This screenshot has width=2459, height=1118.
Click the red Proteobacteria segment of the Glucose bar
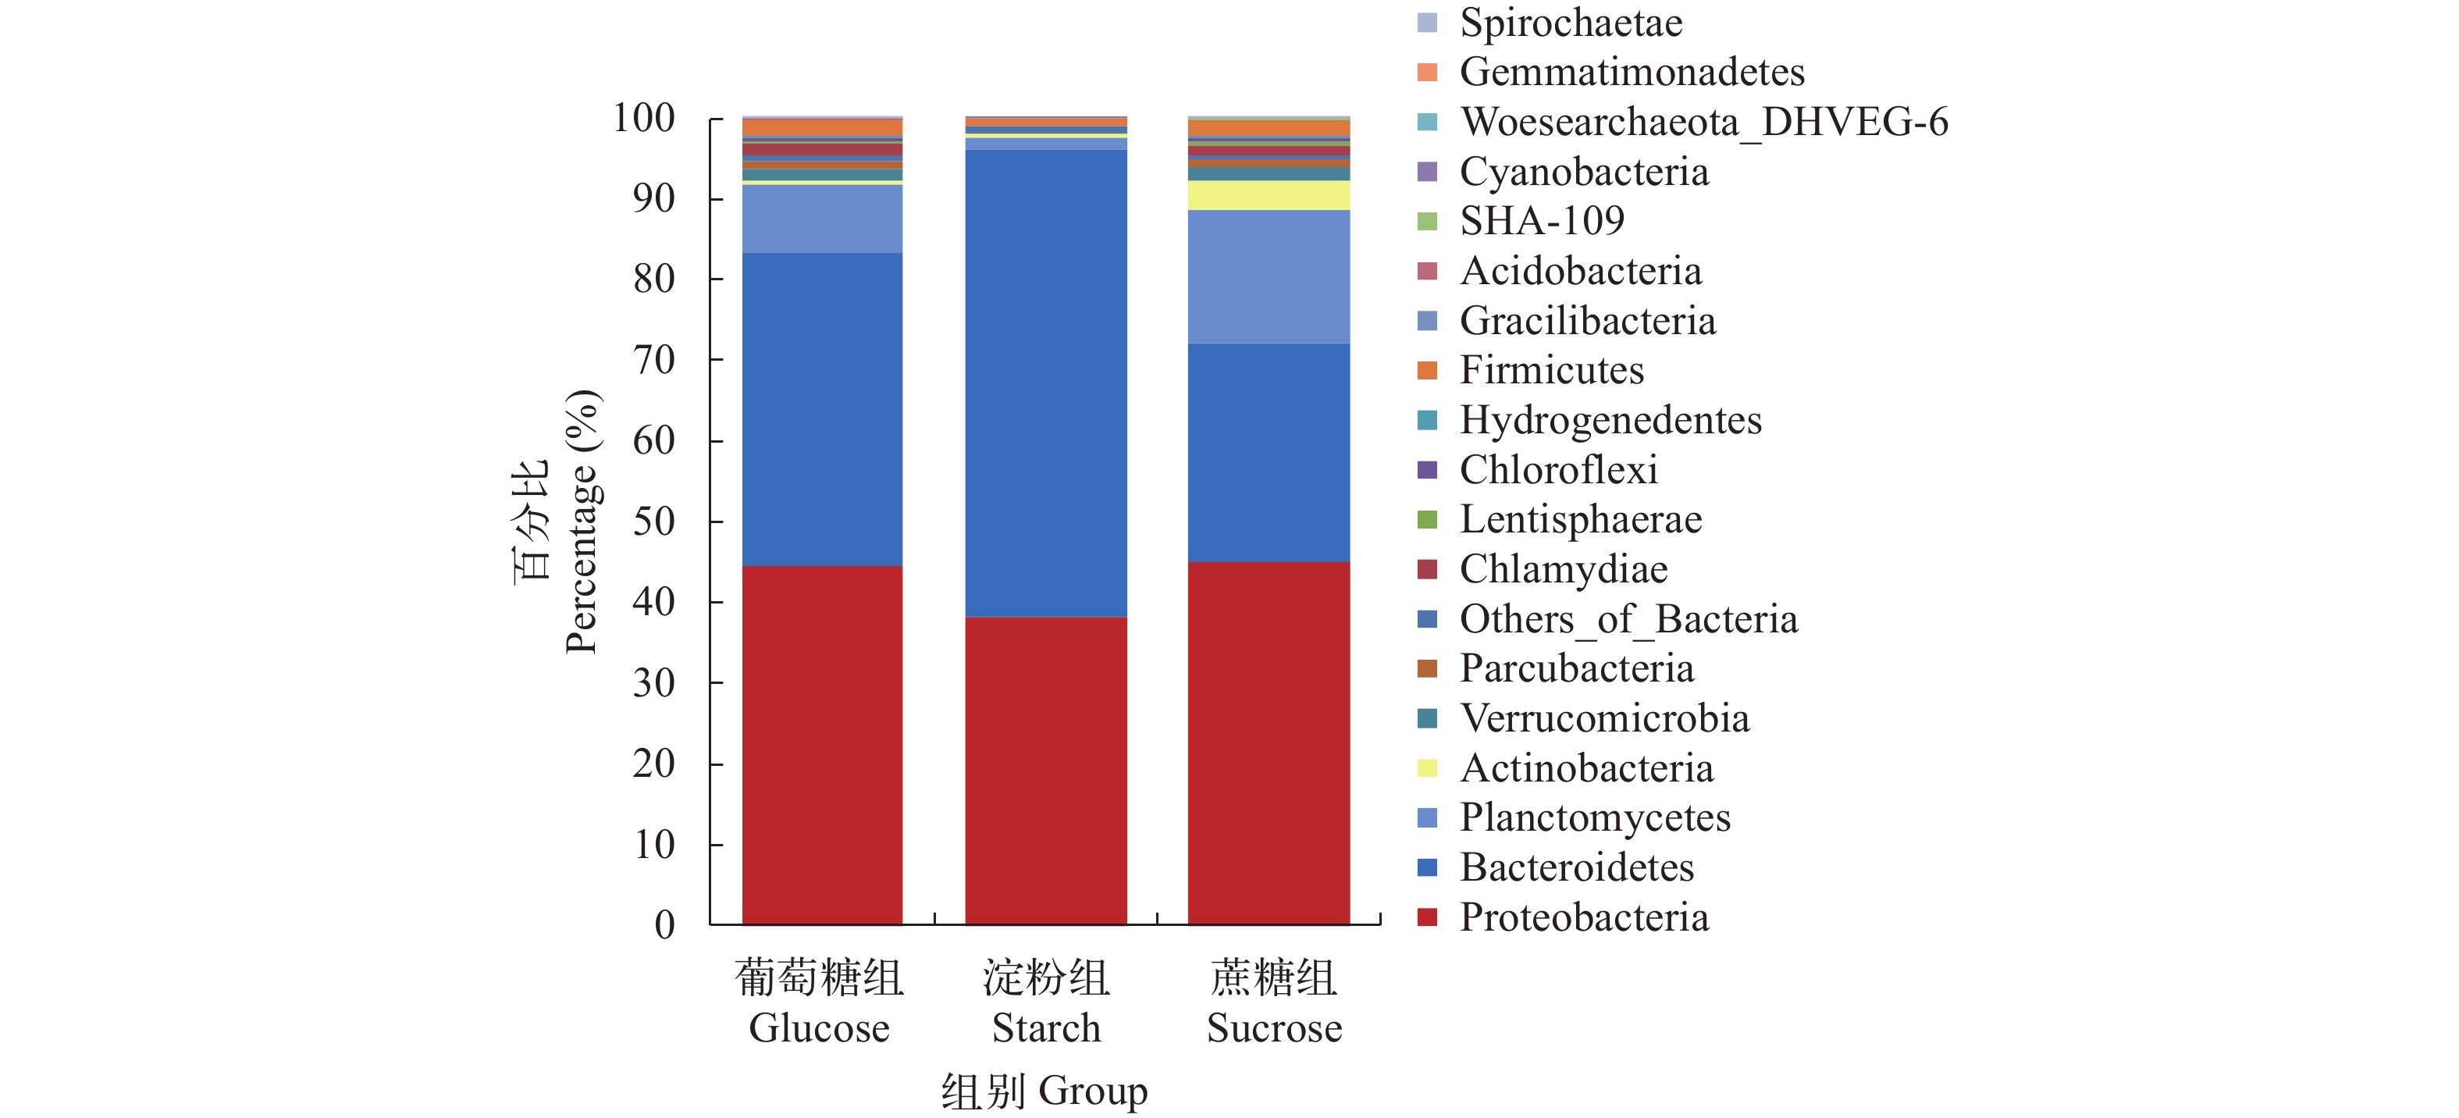pyautogui.click(x=822, y=745)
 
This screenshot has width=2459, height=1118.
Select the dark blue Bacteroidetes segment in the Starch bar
pyautogui.click(x=1045, y=382)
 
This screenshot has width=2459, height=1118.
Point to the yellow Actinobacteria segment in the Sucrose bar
pyautogui.click(x=1269, y=194)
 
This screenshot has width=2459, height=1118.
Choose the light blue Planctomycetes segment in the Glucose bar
pyautogui.click(x=822, y=219)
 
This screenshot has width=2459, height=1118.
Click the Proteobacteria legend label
pyautogui.click(x=1584, y=917)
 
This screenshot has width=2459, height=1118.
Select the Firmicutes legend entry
pyautogui.click(x=1551, y=370)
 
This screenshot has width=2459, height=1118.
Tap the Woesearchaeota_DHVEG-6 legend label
pyautogui.click(x=1704, y=123)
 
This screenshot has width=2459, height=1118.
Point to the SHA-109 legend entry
pyautogui.click(x=1542, y=222)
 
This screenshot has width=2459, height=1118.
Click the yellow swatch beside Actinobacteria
pyautogui.click(x=1427, y=767)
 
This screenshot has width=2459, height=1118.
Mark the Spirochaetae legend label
pyautogui.click(x=1571, y=23)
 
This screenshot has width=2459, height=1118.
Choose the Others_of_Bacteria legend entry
pyautogui.click(x=1628, y=618)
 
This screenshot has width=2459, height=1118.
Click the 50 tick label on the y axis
pyautogui.click(x=654, y=522)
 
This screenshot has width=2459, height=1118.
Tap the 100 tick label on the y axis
pyautogui.click(x=643, y=119)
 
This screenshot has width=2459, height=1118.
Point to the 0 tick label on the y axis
pyautogui.click(x=664, y=924)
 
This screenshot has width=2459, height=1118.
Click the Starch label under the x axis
pyautogui.click(x=1046, y=1028)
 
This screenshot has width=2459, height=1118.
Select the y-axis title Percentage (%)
pyautogui.click(x=582, y=522)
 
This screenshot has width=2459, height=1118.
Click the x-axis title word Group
pyautogui.click(x=1093, y=1091)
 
